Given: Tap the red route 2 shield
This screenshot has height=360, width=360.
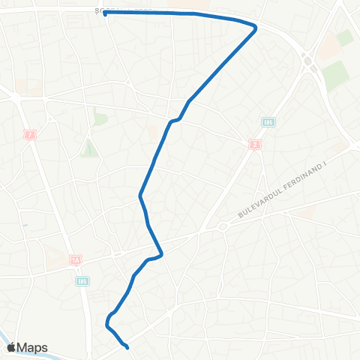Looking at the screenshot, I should click(x=256, y=145).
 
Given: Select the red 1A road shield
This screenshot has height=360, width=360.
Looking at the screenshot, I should click(x=75, y=260).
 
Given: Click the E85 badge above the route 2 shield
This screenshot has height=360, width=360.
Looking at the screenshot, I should click(x=268, y=121).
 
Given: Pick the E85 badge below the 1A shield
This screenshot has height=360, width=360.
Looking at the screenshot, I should click(x=82, y=281).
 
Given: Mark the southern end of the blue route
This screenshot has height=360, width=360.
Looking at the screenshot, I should click(x=127, y=346).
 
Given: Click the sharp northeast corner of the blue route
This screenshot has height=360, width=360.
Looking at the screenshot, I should click(x=256, y=27).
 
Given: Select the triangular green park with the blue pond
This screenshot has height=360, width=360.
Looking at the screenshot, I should click(x=90, y=148).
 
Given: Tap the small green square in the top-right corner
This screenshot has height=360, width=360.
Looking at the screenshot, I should click(x=345, y=37).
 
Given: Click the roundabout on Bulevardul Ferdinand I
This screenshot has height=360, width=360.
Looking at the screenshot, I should click(x=222, y=226).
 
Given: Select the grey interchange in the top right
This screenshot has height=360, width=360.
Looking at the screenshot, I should click(x=307, y=60).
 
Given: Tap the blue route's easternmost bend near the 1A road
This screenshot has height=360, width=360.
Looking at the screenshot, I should click(x=161, y=253).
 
